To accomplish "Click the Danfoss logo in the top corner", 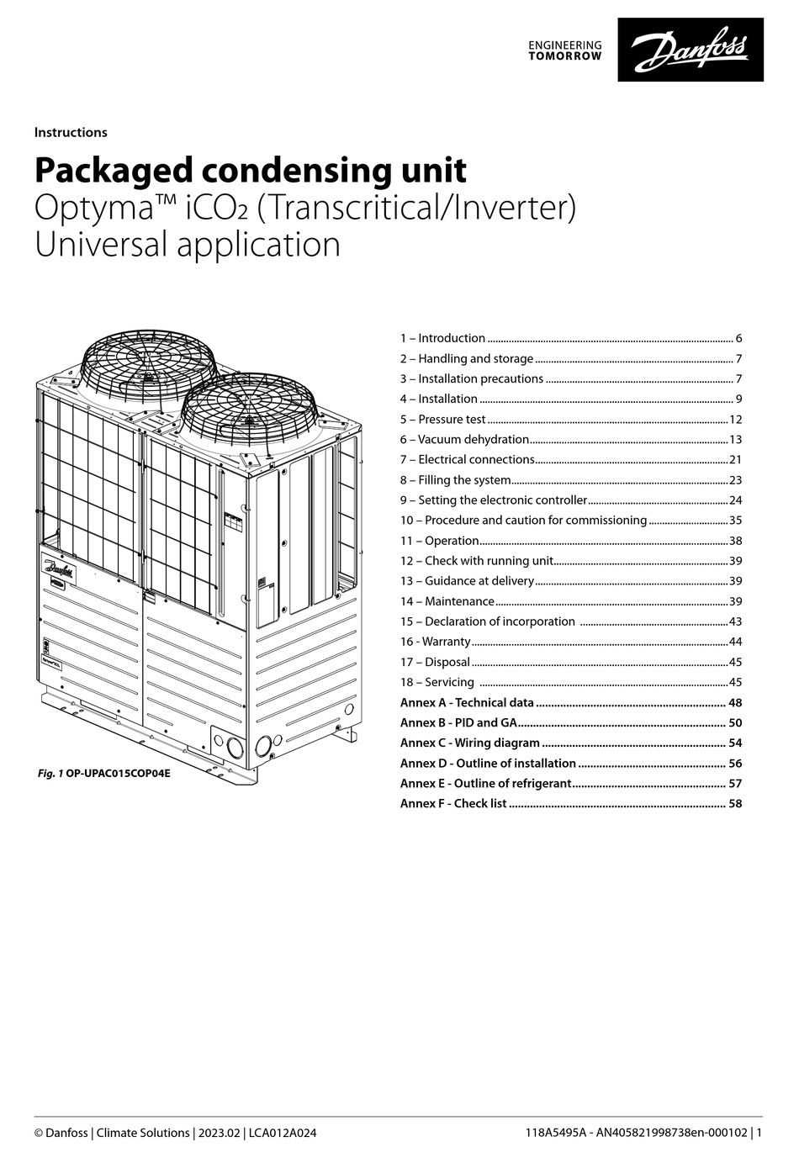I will (691, 50).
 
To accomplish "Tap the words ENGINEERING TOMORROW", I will (564, 50).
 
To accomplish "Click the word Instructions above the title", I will (71, 132).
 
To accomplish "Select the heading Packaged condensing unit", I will (250, 171).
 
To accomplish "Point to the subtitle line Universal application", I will (187, 245).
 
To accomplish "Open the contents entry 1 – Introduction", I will (442, 338).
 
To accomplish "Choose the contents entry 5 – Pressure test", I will (442, 419).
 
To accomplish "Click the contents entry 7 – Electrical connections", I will (467, 459).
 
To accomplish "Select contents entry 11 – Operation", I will (439, 541).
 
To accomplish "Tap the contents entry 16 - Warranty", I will (435, 642).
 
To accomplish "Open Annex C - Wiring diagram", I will (469, 743).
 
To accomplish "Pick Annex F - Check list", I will (452, 803).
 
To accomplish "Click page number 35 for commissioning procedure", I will (735, 521).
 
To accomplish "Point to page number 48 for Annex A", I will (735, 702).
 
